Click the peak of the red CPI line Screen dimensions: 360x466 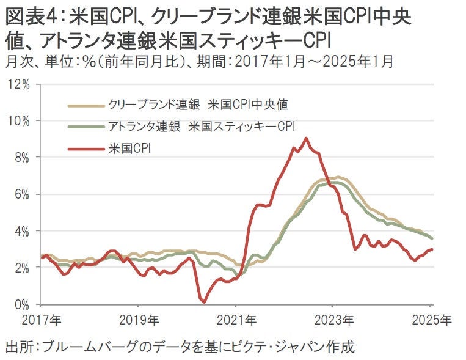pos(306,138)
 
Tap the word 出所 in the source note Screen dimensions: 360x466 pos(18,348)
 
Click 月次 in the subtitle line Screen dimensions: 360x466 pos(16,61)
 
